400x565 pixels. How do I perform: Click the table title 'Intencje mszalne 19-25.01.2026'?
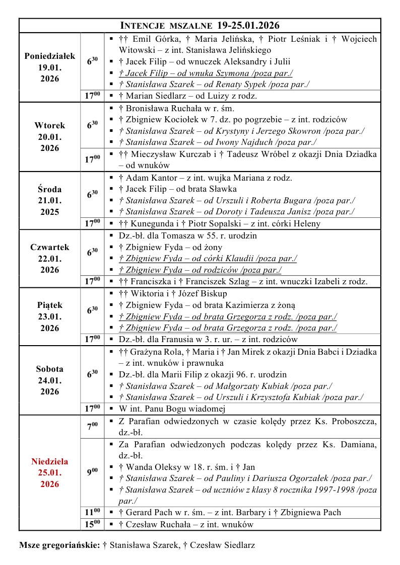199,26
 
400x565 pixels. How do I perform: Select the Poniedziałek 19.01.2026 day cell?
49,67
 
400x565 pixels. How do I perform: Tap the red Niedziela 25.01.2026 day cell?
49,472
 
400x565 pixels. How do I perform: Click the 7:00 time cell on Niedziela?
92,426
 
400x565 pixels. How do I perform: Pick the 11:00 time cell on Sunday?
92,512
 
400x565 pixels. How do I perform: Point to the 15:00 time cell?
92,524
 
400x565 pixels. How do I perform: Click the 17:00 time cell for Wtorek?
92,159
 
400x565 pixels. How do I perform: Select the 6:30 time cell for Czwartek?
92,253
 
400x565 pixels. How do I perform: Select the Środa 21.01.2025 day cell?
49,201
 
